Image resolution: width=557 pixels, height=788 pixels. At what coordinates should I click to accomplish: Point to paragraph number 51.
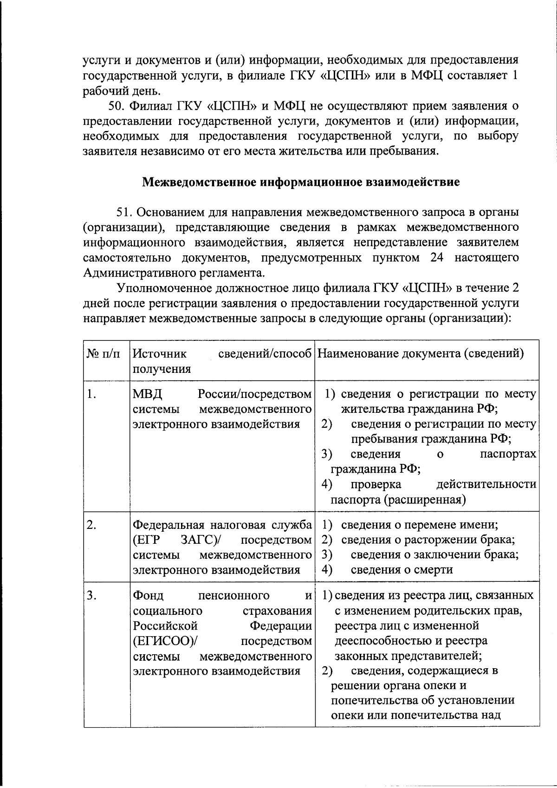(x=124, y=212)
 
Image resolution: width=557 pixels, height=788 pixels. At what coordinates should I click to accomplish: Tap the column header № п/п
(x=103, y=354)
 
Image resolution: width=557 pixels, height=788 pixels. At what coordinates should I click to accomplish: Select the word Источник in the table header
(x=160, y=354)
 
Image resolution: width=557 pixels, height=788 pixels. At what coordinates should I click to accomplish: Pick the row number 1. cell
(x=92, y=394)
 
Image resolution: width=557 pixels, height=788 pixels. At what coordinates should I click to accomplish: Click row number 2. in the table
(x=92, y=525)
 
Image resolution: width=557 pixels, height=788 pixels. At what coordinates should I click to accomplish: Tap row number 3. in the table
(x=92, y=595)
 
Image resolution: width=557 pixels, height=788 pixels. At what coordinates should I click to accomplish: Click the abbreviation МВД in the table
(x=148, y=394)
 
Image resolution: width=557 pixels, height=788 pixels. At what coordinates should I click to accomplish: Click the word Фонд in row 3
(x=148, y=595)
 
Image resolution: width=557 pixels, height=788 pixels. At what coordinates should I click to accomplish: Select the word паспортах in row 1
(x=507, y=454)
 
